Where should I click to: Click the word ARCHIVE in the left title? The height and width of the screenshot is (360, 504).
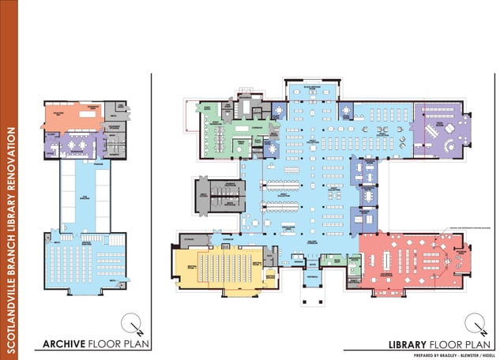coord(64,343)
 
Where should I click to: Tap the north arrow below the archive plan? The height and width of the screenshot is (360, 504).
coord(131,323)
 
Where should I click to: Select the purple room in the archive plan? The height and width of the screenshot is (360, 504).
coord(75,145)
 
